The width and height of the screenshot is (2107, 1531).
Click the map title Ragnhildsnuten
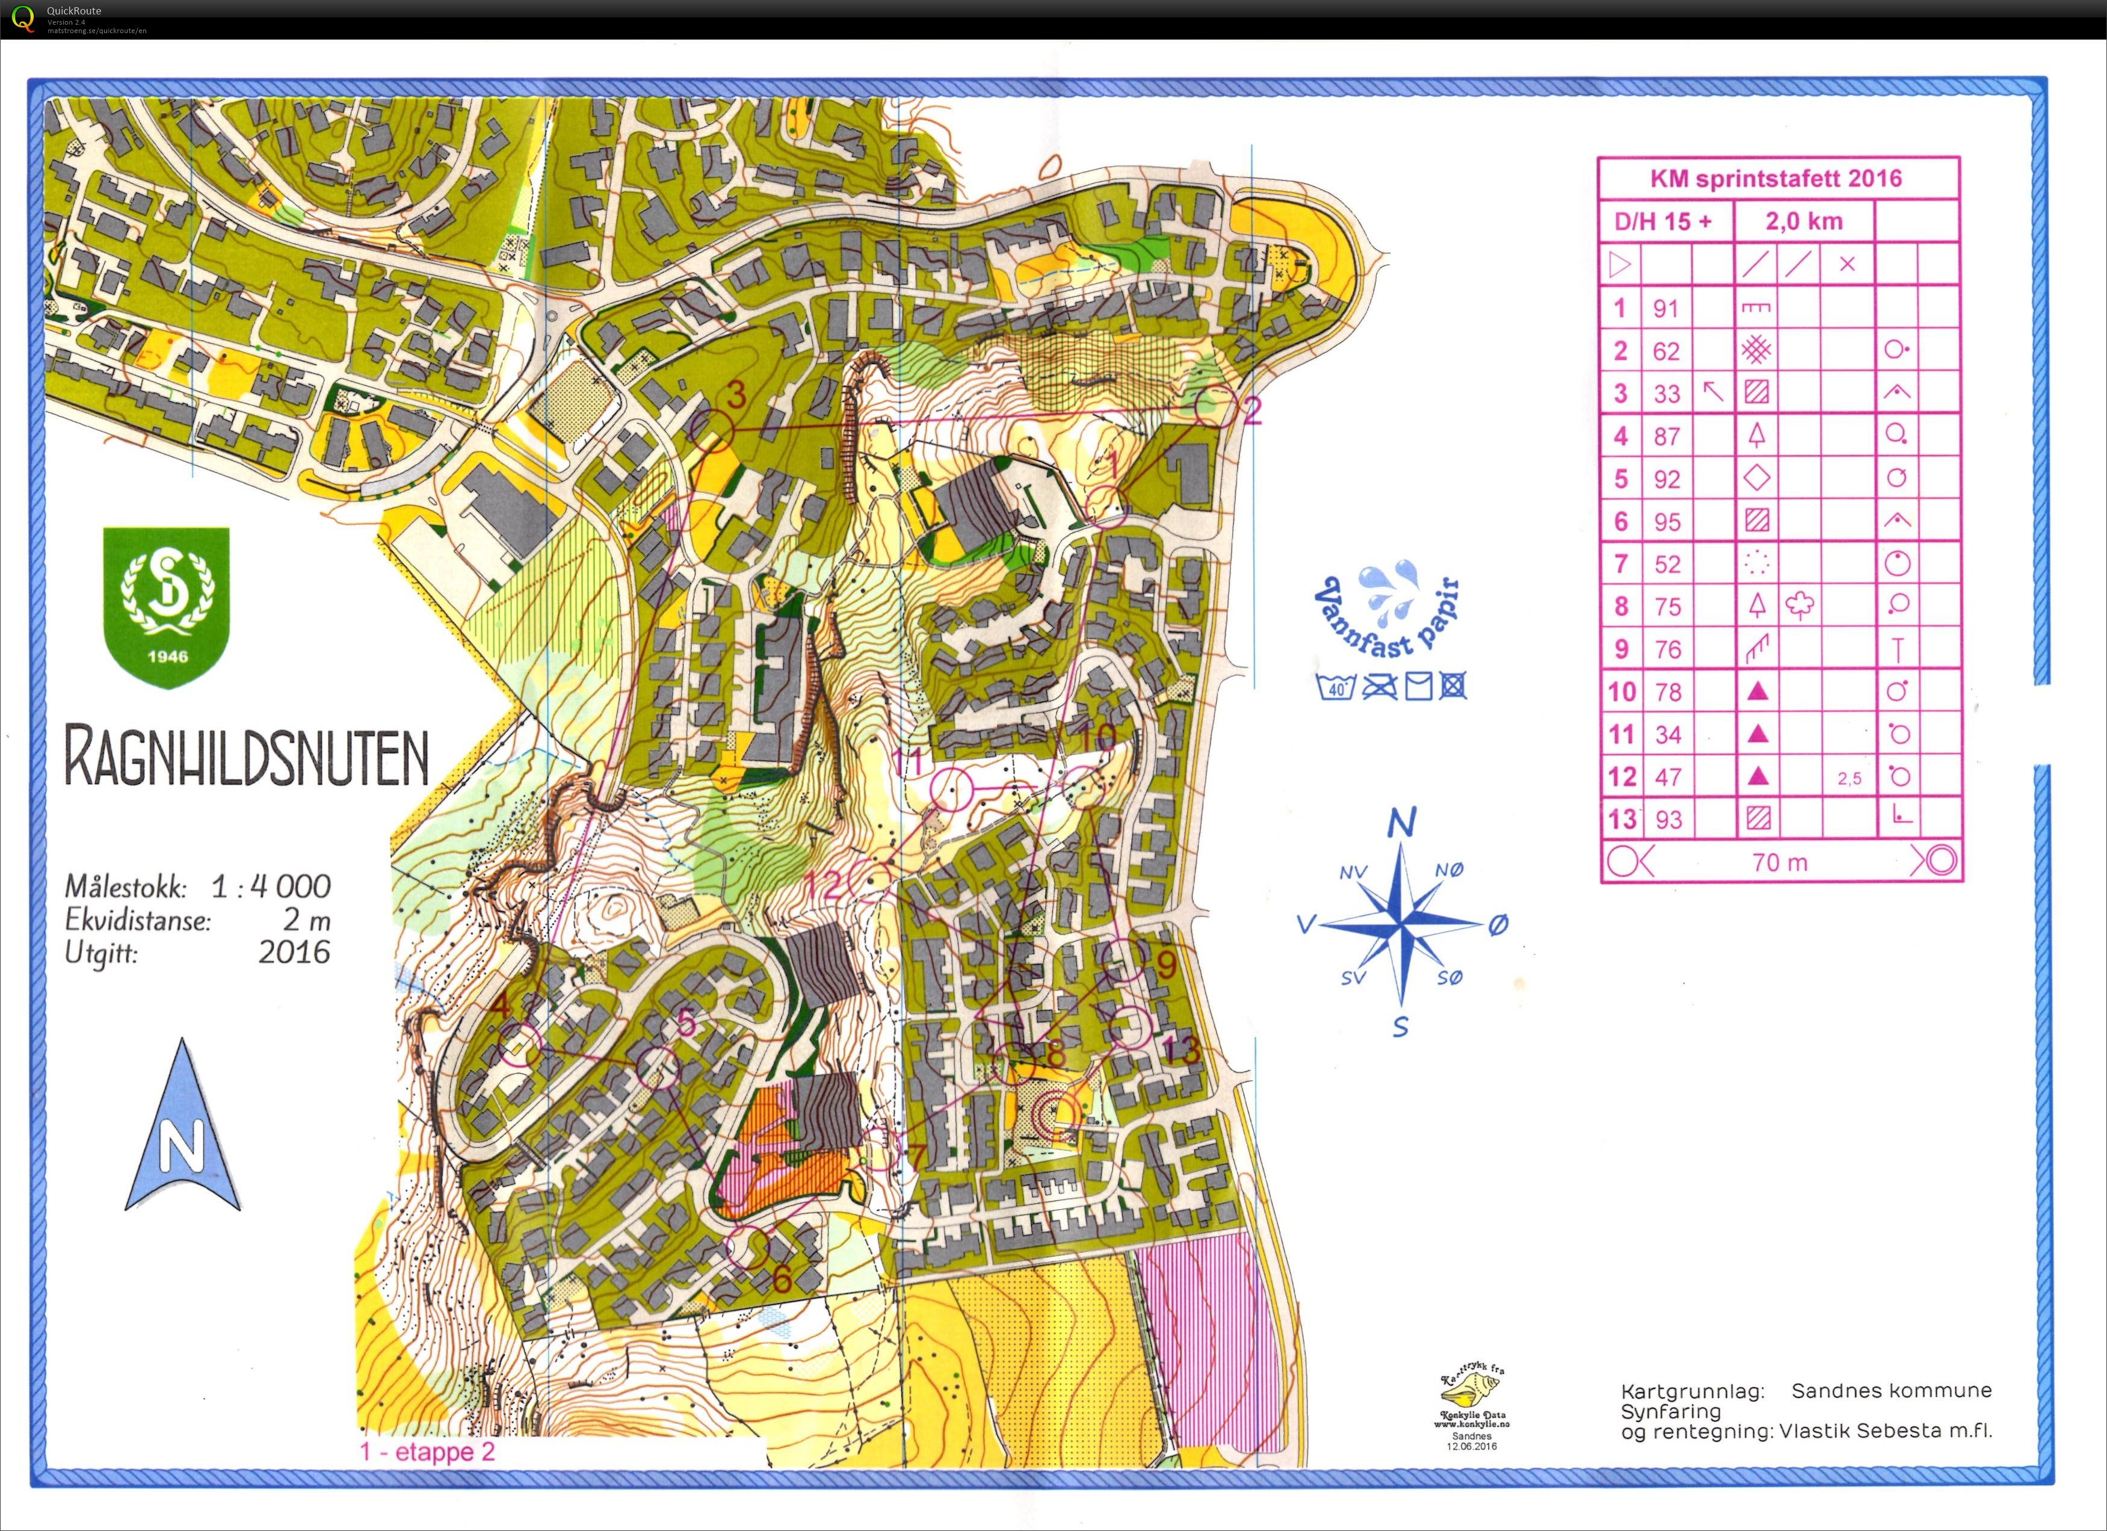(x=246, y=757)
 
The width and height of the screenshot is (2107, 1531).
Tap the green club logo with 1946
(x=166, y=605)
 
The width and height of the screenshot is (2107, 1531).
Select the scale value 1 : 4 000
(x=270, y=886)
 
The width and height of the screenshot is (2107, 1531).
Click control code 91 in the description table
(x=1666, y=309)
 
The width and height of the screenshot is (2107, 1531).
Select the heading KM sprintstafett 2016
(x=1776, y=178)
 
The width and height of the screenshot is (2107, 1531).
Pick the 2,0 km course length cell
(x=1803, y=221)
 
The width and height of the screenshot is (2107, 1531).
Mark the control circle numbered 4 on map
(x=521, y=1044)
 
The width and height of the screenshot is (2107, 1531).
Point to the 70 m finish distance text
(x=1779, y=862)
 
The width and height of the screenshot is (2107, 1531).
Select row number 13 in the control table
(x=1622, y=818)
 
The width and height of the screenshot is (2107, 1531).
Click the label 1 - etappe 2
(x=427, y=1452)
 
